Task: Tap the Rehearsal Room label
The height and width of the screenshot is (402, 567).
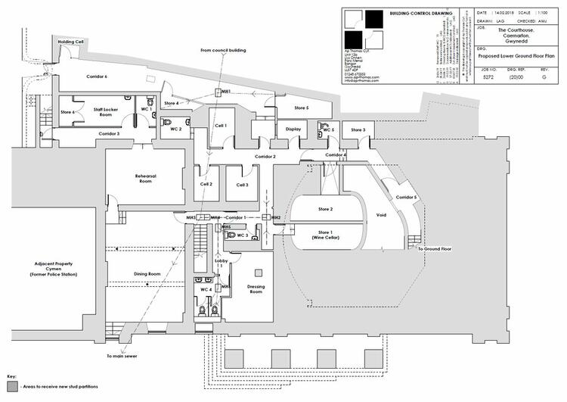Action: [145, 179]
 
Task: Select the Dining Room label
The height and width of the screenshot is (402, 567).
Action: [147, 273]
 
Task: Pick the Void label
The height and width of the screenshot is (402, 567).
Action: [381, 214]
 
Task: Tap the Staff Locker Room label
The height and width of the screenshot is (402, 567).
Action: [108, 112]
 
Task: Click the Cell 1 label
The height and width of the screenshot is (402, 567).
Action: [221, 125]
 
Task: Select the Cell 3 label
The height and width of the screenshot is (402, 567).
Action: [242, 185]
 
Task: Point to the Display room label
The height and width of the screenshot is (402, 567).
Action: [293, 129]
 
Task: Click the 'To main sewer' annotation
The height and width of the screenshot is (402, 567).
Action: [120, 355]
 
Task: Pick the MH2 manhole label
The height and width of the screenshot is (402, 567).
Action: [276, 218]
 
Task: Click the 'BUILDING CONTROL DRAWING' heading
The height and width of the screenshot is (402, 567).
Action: [421, 14]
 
